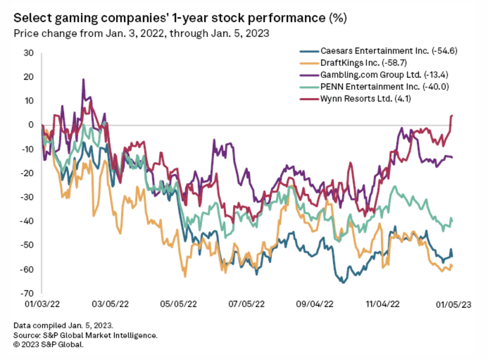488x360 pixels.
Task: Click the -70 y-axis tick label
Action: [27, 293]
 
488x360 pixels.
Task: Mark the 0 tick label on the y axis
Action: [31, 125]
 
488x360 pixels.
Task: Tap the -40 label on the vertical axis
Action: [27, 221]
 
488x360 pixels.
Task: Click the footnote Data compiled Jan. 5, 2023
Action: [63, 325]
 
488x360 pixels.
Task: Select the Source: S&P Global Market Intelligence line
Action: [86, 335]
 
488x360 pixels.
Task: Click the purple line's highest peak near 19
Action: [83, 80]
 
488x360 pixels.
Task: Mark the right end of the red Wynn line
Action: [452, 115]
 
